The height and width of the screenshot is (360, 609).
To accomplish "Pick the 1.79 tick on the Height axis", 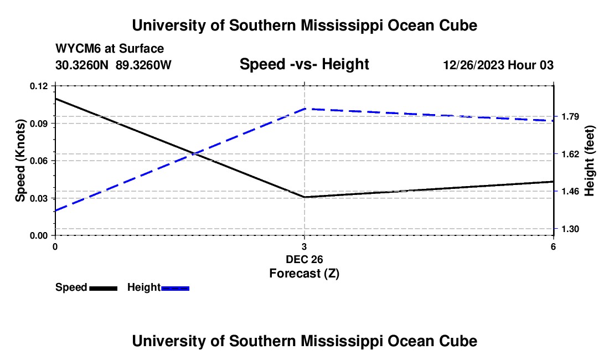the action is tap(570, 116).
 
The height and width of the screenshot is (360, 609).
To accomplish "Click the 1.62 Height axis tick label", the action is tap(570, 154).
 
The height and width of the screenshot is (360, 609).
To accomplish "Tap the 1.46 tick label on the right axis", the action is tap(570, 192).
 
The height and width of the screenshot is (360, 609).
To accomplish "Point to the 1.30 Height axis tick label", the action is tap(570, 229).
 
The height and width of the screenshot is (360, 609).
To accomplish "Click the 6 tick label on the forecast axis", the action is tap(553, 246).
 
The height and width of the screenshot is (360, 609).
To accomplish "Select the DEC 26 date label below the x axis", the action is tap(304, 259).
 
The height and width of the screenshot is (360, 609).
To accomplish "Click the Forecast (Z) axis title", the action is tap(304, 274).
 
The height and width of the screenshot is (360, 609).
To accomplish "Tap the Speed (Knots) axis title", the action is tap(20, 161).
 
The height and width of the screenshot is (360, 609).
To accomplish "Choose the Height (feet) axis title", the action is tap(589, 161).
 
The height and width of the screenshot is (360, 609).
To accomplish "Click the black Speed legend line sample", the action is tap(104, 289).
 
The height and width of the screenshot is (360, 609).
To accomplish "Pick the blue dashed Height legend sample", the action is tap(175, 289).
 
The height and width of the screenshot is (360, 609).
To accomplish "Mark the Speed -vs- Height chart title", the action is tap(304, 64).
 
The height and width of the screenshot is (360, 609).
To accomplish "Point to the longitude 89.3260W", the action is tap(143, 65).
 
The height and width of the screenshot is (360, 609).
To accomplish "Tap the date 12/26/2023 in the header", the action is tap(473, 65).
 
